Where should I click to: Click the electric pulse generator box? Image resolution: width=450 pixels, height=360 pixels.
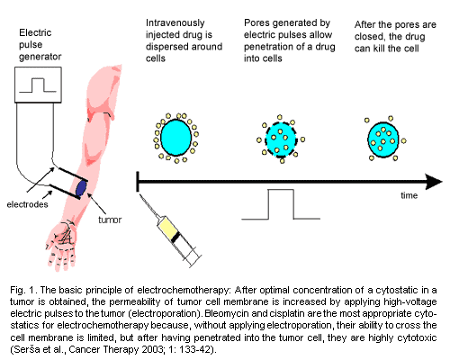[38, 85]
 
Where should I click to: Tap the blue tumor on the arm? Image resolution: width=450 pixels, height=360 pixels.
[81, 188]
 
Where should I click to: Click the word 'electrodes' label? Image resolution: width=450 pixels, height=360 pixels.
[27, 204]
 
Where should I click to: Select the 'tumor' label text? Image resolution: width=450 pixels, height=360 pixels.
[110, 220]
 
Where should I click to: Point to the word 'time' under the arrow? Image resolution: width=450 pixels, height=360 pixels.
[409, 195]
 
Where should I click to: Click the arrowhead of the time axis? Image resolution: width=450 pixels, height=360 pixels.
[434, 182]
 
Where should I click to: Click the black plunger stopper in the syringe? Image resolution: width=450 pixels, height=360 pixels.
[175, 238]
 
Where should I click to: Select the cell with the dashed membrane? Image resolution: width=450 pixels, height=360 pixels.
[281, 139]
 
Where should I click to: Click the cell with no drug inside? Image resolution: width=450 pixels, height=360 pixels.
[176, 138]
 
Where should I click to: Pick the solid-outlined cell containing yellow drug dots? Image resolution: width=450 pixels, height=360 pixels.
[383, 139]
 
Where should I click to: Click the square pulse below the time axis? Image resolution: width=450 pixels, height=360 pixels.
[281, 204]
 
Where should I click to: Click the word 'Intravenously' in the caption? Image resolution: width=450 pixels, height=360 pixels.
[175, 23]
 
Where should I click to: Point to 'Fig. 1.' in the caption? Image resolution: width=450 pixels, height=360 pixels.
[23, 291]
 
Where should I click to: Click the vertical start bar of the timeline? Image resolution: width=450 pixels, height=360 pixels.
[138, 182]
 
